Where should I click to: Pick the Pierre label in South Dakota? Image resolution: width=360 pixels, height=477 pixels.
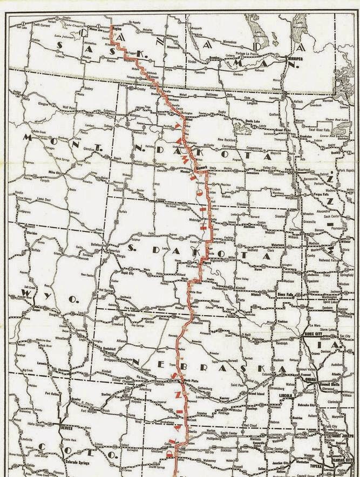point(205,262)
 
